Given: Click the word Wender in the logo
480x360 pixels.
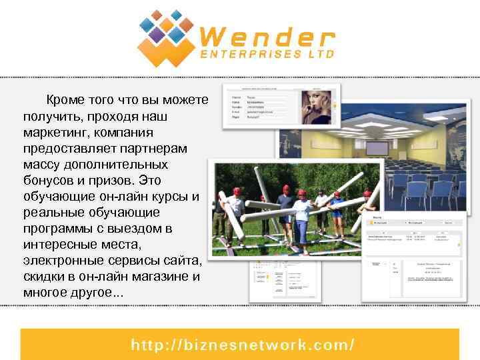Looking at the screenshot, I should (x=267, y=36).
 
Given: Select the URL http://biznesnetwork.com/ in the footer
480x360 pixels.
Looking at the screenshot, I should (x=242, y=345).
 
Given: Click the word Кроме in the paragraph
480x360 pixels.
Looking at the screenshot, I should (x=65, y=100).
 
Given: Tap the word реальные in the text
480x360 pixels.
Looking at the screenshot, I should (x=51, y=212).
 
